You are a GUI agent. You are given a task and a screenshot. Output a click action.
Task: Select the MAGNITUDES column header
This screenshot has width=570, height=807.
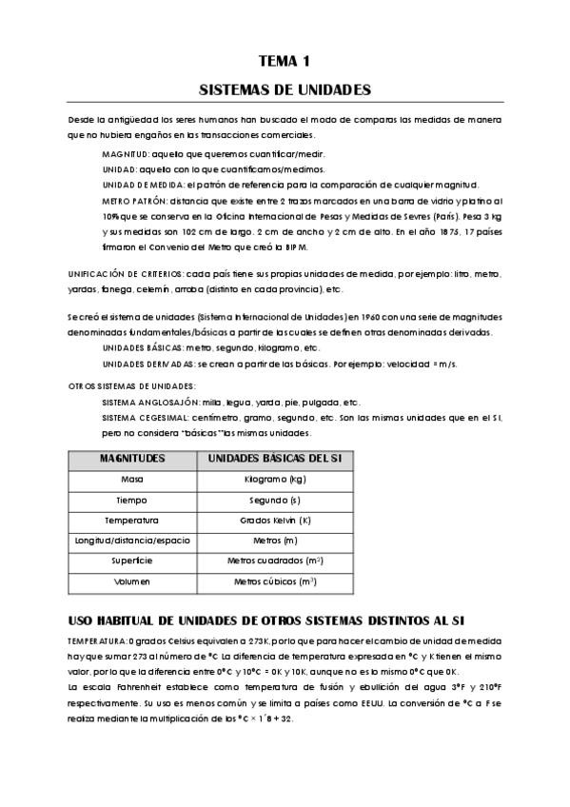click(132, 458)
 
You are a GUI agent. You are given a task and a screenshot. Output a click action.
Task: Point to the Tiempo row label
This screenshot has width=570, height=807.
click(132, 500)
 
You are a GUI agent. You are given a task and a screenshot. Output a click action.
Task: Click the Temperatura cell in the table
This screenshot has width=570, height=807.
click(132, 521)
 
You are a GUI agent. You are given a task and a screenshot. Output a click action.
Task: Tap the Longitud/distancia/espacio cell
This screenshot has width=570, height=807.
click(132, 541)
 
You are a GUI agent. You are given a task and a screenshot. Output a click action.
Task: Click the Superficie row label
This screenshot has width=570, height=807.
click(132, 561)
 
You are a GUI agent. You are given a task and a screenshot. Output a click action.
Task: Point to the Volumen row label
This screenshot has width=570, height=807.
click(132, 581)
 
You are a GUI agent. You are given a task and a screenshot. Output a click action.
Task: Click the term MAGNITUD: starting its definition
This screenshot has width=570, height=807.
click(125, 152)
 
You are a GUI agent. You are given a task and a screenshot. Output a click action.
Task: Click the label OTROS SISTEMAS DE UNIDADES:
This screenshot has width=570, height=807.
click(119, 385)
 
